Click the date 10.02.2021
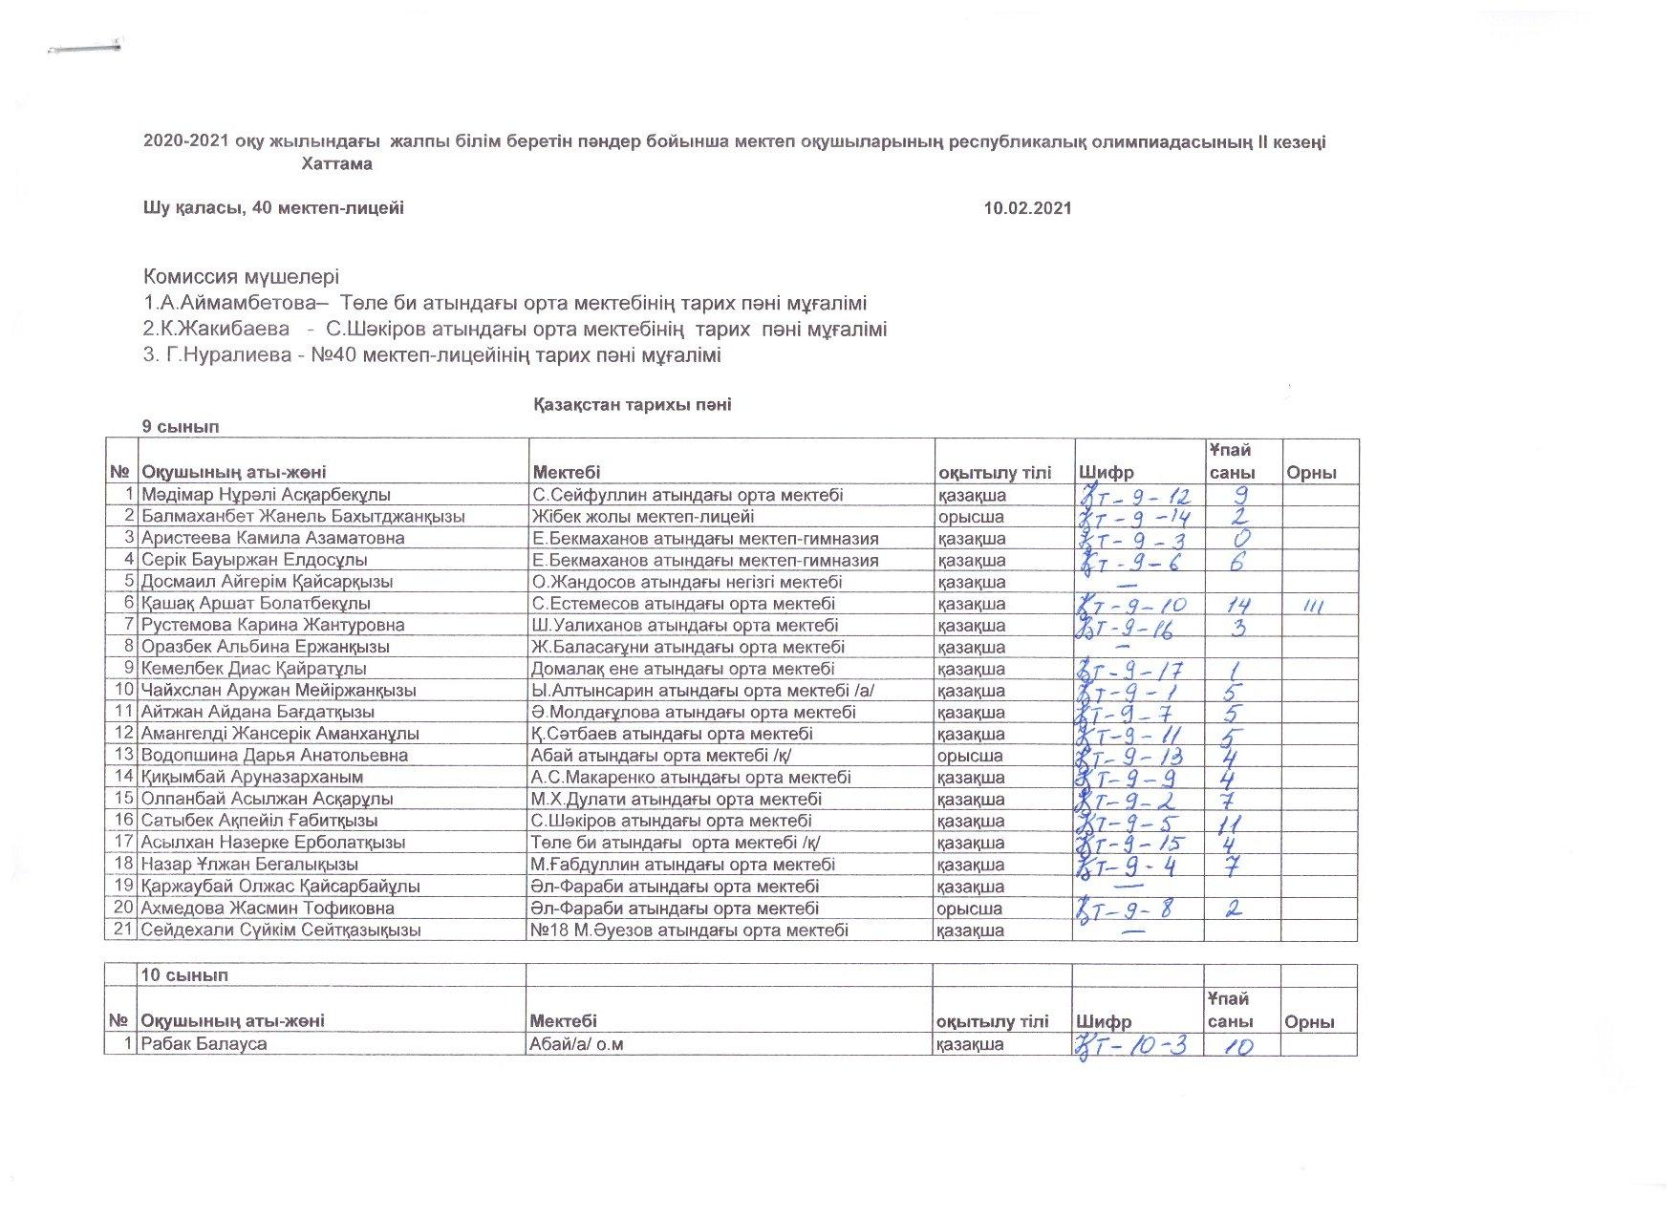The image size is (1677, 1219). tap(1027, 208)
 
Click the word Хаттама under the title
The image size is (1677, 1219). tap(336, 164)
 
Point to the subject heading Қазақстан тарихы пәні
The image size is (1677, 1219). tap(632, 405)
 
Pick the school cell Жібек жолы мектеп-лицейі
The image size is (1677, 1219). tap(642, 517)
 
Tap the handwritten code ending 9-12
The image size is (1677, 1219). tap(1137, 495)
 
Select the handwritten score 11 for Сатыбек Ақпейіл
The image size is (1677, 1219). tap(1232, 822)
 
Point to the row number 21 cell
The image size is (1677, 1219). tap(122, 930)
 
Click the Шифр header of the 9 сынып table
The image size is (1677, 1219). tap(1107, 473)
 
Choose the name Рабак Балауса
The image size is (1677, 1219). tap(204, 1044)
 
